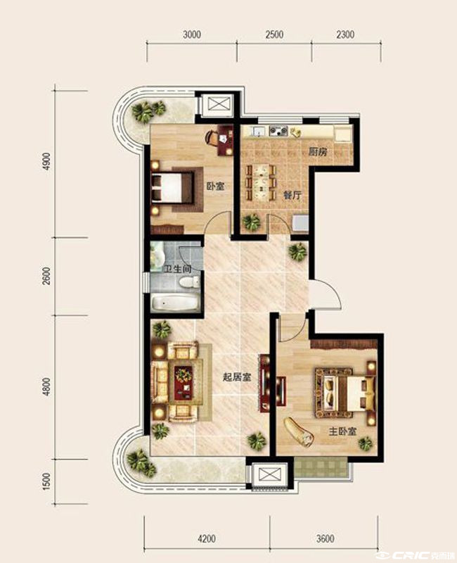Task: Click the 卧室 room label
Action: pos(215,186)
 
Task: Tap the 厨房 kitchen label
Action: pos(318,151)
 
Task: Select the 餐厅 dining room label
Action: pos(292,196)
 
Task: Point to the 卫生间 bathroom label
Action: pos(177,269)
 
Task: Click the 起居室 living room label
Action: pos(237,377)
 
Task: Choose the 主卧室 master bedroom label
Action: pos(343,431)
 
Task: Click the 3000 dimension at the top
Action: pos(192,34)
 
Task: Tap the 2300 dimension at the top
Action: pos(345,34)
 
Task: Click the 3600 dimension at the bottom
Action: pos(326,538)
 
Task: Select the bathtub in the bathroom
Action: pos(175,303)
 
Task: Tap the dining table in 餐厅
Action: pos(261,182)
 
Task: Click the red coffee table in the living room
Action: pos(184,384)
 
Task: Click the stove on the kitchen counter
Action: pos(278,131)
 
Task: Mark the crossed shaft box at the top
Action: pos(217,104)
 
